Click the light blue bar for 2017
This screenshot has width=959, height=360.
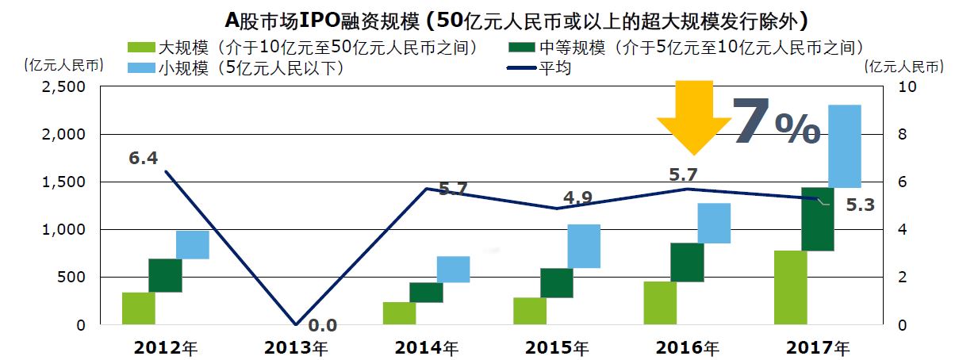(x=844, y=146)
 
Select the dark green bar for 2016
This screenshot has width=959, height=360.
(x=687, y=262)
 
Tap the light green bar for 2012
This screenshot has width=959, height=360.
(x=138, y=308)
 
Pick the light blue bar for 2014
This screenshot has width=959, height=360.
(x=453, y=270)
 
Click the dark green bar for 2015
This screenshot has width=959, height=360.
(x=556, y=283)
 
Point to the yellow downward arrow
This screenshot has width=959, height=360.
(x=693, y=116)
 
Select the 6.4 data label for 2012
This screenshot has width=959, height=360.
(x=143, y=158)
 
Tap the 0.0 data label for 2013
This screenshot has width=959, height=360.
(x=322, y=325)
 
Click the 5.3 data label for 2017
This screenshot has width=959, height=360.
(x=860, y=206)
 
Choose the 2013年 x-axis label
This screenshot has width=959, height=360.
(x=296, y=347)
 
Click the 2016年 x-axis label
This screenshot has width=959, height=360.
(x=688, y=347)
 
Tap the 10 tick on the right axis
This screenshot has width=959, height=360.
(x=906, y=87)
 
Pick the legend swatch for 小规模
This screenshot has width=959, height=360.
(x=140, y=68)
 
